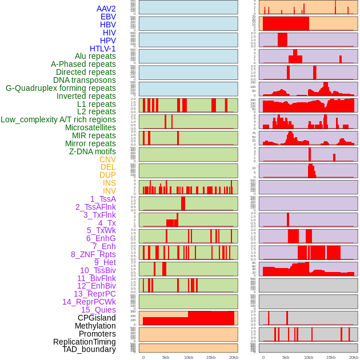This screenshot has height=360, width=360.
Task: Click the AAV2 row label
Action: click(106, 9)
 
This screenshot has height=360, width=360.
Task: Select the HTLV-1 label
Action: click(103, 49)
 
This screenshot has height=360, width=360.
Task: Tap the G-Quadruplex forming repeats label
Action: click(61, 88)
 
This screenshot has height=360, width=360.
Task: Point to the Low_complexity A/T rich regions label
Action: click(58, 119)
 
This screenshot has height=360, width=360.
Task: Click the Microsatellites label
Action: click(90, 127)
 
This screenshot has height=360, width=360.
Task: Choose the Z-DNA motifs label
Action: click(93, 151)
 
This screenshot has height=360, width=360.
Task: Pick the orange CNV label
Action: click(107, 159)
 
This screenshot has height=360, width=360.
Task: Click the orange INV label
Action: click(109, 191)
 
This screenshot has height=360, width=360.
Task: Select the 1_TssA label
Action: click(103, 199)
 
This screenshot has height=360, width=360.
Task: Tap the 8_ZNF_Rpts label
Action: click(93, 254)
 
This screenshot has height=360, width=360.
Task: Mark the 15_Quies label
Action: click(98, 310)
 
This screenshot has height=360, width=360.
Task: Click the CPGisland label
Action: click(97, 318)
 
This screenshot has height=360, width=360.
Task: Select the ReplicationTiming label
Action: click(85, 342)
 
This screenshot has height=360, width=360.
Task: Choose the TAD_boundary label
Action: click(89, 349)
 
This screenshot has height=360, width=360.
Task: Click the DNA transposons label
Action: click(85, 80)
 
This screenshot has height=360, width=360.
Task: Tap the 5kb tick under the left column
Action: click(166, 357)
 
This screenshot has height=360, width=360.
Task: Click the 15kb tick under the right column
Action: click(331, 357)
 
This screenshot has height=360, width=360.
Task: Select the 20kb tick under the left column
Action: click(233, 357)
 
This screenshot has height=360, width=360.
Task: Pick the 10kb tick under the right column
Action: click(309, 357)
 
